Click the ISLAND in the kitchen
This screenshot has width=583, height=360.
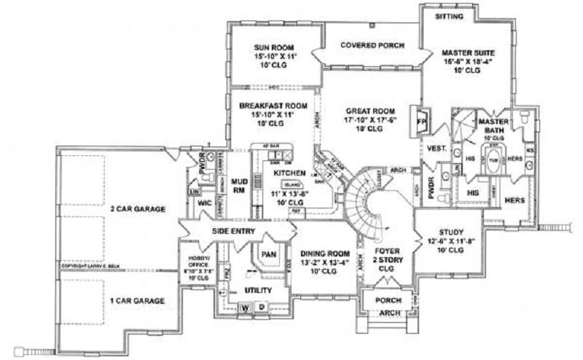291,184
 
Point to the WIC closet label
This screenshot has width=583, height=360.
206,205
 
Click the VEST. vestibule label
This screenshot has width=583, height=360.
437,148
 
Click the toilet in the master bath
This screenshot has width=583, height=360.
525,117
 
